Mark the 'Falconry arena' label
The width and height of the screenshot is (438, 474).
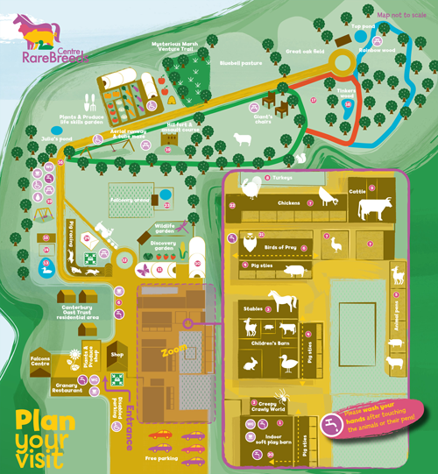129,199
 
